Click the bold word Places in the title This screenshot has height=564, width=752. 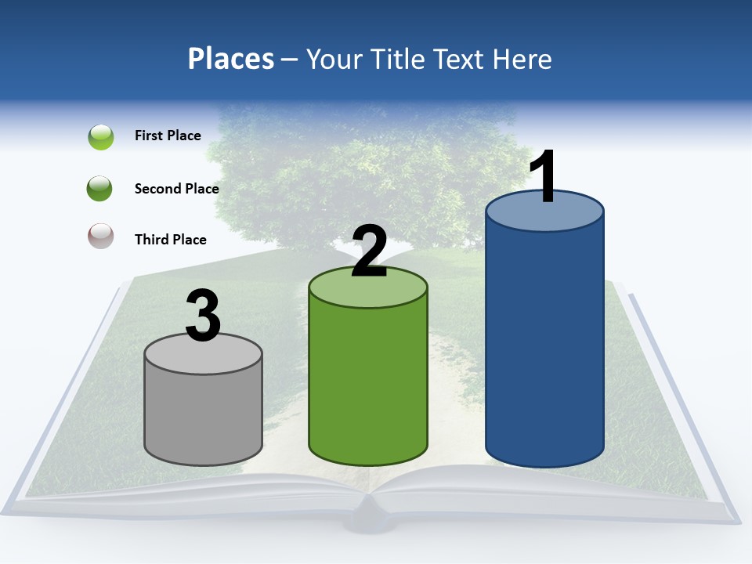pos(231,59)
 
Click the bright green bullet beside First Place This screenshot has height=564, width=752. pos(101,137)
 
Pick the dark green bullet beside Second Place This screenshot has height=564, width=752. pos(101,188)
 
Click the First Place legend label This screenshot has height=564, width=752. pos(168,136)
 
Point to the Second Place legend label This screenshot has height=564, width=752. pos(176,188)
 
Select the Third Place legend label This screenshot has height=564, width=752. pos(171,240)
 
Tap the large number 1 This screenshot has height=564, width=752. pos(544,179)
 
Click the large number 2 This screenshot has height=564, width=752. pos(369,252)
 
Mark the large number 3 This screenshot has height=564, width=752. pos(203,316)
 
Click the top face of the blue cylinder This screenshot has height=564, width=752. pos(544,218)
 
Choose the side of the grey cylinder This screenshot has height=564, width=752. pos(203,415)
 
